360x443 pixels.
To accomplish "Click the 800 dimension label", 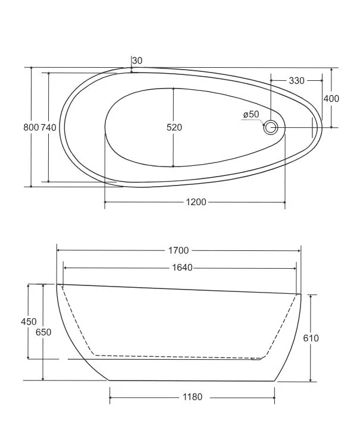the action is [31, 127].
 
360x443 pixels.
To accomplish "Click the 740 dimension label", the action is [49, 127].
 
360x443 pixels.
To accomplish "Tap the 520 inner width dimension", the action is [174, 127].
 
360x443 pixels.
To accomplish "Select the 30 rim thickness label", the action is [137, 61].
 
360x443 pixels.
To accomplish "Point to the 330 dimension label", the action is [297, 81].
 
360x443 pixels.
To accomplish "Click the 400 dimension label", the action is [331, 99].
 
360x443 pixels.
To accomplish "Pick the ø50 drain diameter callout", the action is [251, 114].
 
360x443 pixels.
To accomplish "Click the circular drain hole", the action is [271, 127].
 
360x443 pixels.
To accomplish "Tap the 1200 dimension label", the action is [196, 202].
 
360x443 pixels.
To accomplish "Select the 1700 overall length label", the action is [179, 250].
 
